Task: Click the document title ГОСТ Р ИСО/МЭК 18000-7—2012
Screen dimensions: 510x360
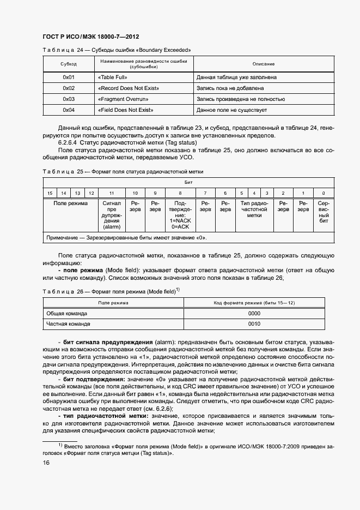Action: (x=91, y=37)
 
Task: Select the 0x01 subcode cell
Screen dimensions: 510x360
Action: (x=68, y=77)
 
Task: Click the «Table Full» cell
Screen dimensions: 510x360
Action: (x=112, y=77)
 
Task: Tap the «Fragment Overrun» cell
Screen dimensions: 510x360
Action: (x=123, y=99)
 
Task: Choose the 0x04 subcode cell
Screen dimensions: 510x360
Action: (x=68, y=110)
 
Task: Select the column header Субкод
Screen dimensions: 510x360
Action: (x=68, y=64)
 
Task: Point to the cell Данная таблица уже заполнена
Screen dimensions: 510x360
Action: (x=236, y=77)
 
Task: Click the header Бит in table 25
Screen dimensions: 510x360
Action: (x=187, y=182)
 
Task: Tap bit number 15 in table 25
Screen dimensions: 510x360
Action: (x=50, y=193)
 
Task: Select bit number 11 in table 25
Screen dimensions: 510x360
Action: (x=112, y=193)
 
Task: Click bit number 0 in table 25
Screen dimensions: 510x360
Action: (x=324, y=193)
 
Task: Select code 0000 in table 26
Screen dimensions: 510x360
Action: (x=254, y=314)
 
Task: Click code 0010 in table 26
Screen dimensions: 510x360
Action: (x=254, y=324)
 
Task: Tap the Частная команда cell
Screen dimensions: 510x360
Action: (x=68, y=324)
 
